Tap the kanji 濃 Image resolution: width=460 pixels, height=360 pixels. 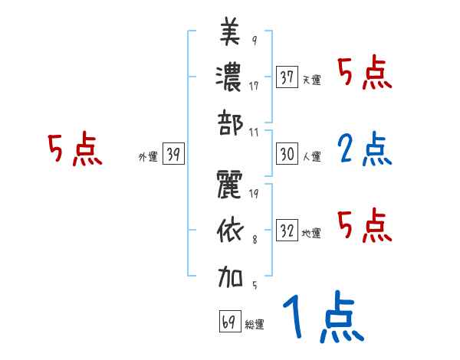(230, 77)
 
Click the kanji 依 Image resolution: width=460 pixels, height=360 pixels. (230, 231)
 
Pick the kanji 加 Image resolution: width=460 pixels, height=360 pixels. (230, 275)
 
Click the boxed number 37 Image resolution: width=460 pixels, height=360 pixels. (287, 77)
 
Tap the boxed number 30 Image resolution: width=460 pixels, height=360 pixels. (287, 154)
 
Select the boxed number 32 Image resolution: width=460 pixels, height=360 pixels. (287, 231)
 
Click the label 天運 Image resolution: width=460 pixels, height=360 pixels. (311, 80)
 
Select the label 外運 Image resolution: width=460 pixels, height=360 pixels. (147, 157)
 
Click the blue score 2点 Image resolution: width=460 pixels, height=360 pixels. (363, 150)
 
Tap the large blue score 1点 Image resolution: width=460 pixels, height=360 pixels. (322, 319)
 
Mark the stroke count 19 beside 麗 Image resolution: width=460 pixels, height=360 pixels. (254, 193)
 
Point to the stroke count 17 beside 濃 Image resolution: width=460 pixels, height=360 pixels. (254, 86)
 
